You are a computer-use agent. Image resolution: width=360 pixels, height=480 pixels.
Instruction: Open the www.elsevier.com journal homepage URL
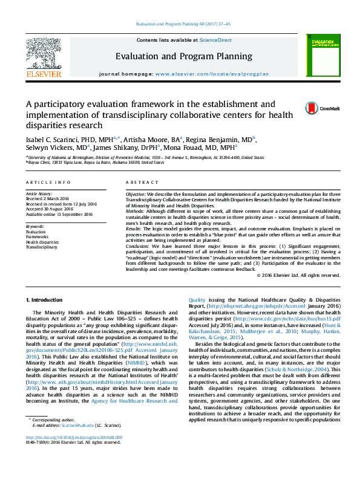pos(212,73)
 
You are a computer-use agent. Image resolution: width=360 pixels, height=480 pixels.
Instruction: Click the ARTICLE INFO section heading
pos(48,182)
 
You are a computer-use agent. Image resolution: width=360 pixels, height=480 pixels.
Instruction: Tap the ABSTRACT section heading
pos(143,182)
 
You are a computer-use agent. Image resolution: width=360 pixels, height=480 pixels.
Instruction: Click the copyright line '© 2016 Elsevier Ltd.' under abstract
pos(298,275)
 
